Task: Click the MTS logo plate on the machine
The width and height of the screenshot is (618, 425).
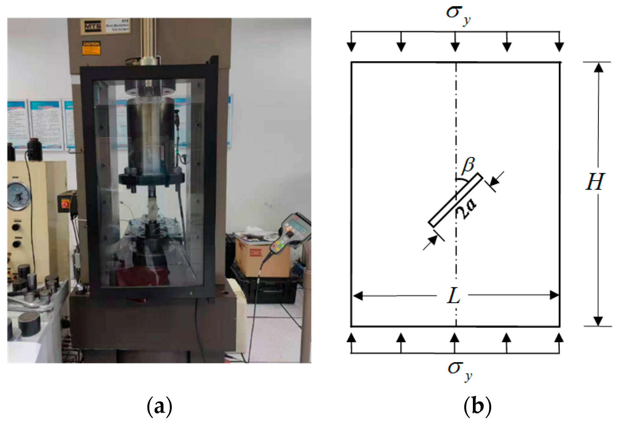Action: point(93,26)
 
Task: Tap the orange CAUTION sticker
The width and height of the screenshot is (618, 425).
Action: point(91,48)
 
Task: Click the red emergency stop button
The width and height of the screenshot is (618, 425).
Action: point(65,205)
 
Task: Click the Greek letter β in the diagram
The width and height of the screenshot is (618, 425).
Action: point(468,166)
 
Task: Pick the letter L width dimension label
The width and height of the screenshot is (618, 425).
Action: point(453,296)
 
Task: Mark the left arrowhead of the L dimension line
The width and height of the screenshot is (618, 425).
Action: point(358,296)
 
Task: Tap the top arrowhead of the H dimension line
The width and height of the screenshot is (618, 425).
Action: point(598,67)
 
